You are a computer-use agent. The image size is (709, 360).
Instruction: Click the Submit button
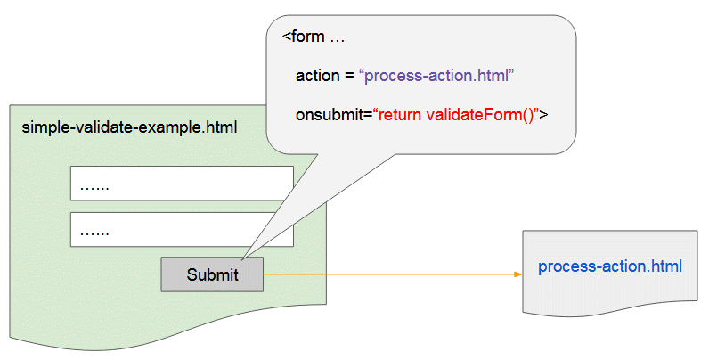pos(212,274)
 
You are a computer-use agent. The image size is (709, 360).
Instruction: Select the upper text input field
pos(182,184)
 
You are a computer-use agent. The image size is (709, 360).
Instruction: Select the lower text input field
pos(182,230)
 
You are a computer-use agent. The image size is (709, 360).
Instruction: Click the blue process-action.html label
pos(610,266)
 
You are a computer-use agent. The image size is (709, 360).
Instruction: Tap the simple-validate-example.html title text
pos(129,127)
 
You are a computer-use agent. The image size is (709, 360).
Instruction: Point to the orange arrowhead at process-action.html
pos(517,274)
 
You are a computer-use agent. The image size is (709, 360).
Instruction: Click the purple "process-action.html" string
pos(436,76)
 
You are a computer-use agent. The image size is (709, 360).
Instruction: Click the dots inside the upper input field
pos(94,188)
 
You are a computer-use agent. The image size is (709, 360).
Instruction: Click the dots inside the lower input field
pos(94,233)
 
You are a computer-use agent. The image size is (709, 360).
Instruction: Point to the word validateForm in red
pos(480,115)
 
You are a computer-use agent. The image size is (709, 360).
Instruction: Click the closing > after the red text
pos(543,115)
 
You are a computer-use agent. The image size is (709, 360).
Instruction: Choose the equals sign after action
pos(348,77)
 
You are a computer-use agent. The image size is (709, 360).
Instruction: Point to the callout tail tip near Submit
pos(241,258)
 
